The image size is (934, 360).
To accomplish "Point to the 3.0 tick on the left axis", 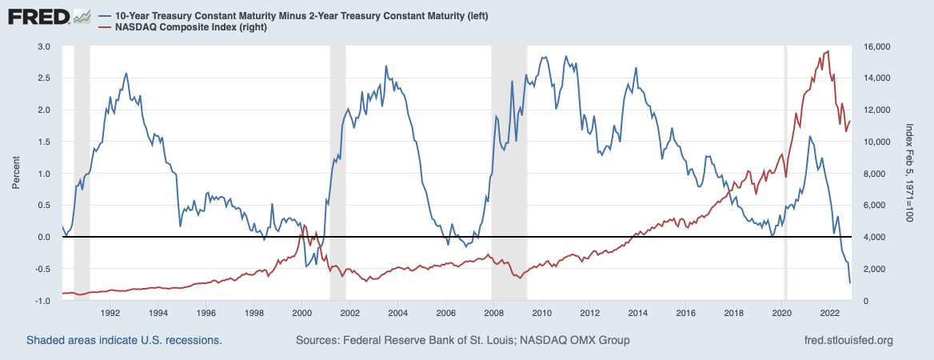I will click(45, 47).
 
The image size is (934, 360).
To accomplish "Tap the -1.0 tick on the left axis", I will click(43, 300).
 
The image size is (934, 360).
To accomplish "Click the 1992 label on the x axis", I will click(110, 313).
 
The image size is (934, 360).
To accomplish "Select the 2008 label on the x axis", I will click(493, 313).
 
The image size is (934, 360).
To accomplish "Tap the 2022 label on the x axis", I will click(829, 313).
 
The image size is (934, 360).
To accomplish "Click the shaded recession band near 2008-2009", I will click(509, 160).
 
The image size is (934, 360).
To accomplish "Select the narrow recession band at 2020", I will click(785, 160).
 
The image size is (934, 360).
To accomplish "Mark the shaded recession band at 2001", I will click(337, 160).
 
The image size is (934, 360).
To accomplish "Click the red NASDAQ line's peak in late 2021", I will click(827, 51).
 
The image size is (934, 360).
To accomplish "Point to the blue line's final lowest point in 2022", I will click(849, 283).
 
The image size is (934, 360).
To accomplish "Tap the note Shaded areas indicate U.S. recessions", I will click(124, 341).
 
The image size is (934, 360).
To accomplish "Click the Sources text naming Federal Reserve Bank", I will click(462, 341).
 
